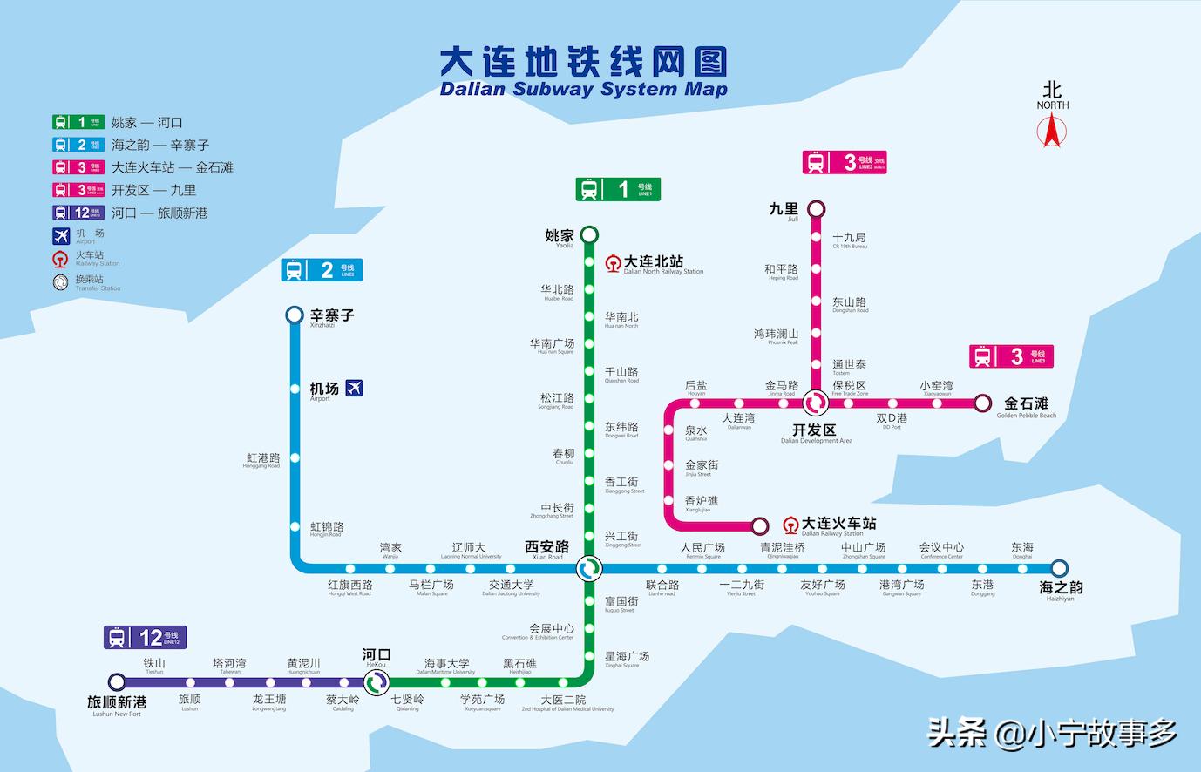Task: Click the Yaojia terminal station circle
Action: coord(589,234)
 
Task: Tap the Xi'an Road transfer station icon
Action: coord(589,569)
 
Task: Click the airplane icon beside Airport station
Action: coord(354,389)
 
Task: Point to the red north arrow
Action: coord(1052,130)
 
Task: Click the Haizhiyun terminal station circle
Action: coord(1059,568)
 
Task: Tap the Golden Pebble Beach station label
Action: coord(1026,406)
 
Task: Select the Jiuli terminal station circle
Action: coord(816,209)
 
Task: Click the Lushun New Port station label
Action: coord(117,704)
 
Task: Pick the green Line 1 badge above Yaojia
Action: coord(618,189)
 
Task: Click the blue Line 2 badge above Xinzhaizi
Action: coord(322,270)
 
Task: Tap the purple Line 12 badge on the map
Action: coord(145,638)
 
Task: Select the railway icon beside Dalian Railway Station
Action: coord(790,525)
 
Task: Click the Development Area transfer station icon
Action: coord(816,403)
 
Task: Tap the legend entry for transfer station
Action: coord(86,282)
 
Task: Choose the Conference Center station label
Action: coord(941,550)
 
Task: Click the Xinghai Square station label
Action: coord(627,659)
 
